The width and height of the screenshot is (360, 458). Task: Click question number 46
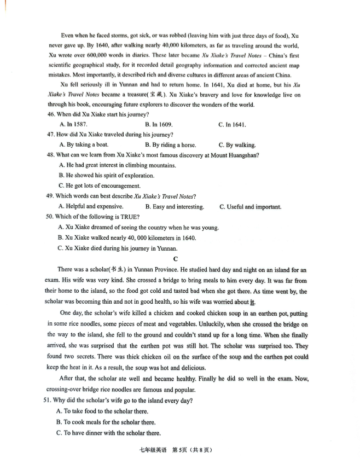(x=51, y=114)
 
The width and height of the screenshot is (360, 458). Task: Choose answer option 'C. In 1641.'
(x=232, y=125)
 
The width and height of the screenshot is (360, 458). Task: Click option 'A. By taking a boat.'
(x=84, y=145)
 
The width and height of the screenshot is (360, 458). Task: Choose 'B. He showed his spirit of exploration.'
(x=106, y=176)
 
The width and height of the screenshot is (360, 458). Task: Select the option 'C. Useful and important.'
(x=250, y=207)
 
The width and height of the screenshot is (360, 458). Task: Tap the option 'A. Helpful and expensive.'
(x=90, y=207)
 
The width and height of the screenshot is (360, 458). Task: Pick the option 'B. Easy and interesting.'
(x=175, y=207)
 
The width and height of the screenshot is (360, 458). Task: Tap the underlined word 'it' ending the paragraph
(x=252, y=302)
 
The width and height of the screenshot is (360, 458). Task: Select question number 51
(x=50, y=401)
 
